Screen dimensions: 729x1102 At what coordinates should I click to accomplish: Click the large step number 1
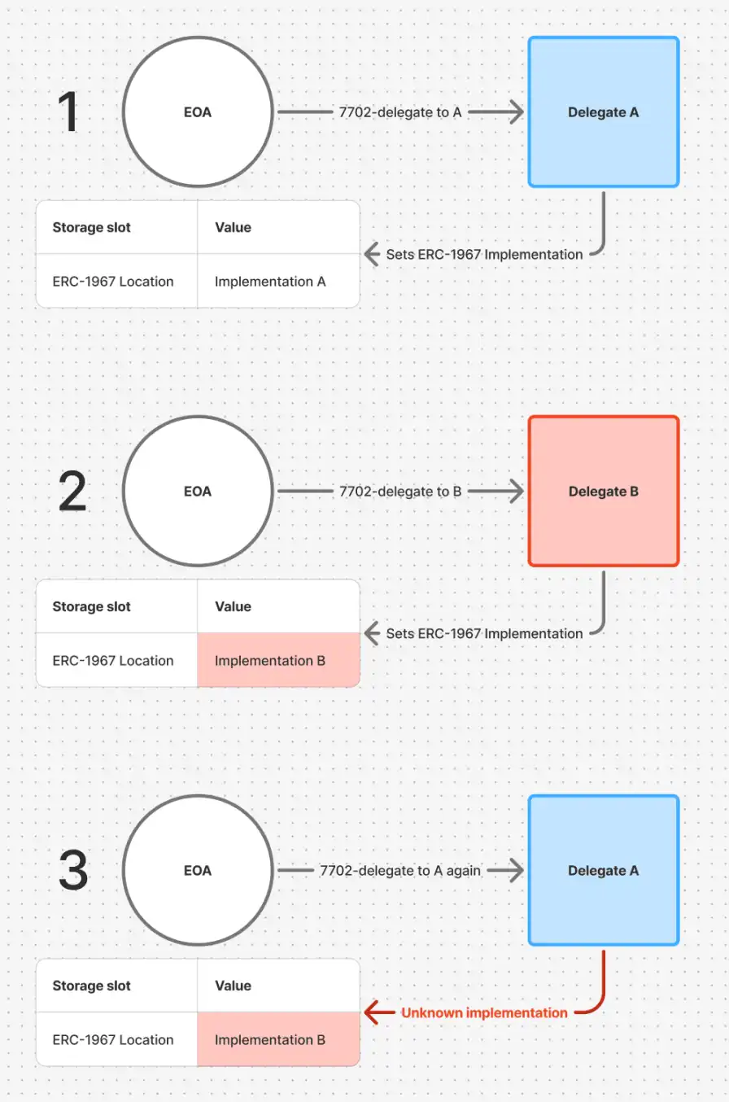[x=68, y=112]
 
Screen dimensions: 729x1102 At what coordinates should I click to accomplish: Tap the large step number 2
[x=72, y=492]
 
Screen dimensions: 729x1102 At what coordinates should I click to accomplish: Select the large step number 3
[x=73, y=870]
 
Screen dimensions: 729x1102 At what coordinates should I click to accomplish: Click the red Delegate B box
[x=604, y=491]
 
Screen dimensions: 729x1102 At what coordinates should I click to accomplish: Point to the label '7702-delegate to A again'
[x=400, y=871]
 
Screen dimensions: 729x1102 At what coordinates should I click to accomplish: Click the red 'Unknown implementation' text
[x=484, y=1013]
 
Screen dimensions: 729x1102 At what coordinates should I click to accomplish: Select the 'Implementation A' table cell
[x=278, y=282]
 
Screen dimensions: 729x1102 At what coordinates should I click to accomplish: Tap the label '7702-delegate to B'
[x=400, y=492]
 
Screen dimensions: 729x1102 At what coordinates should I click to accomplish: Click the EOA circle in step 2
[x=198, y=491]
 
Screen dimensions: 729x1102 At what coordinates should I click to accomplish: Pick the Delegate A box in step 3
[x=604, y=870]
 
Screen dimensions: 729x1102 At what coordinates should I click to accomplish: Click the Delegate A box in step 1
[x=604, y=112]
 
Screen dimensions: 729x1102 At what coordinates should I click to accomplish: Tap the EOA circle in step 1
[x=198, y=112]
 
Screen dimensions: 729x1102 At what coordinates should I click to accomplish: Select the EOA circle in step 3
[x=198, y=870]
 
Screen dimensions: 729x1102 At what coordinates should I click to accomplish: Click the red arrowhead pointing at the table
[x=372, y=1012]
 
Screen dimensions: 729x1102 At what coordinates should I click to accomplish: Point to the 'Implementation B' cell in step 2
[x=278, y=660]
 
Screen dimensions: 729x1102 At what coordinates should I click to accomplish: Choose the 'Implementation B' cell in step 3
[x=278, y=1039]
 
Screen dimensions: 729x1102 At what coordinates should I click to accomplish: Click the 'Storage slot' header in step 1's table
[x=91, y=227]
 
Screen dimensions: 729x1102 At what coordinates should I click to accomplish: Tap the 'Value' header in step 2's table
[x=233, y=606]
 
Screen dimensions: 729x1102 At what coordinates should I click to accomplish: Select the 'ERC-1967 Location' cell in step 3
[x=113, y=1039]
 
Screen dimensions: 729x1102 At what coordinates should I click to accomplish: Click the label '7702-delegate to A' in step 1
[x=400, y=112]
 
